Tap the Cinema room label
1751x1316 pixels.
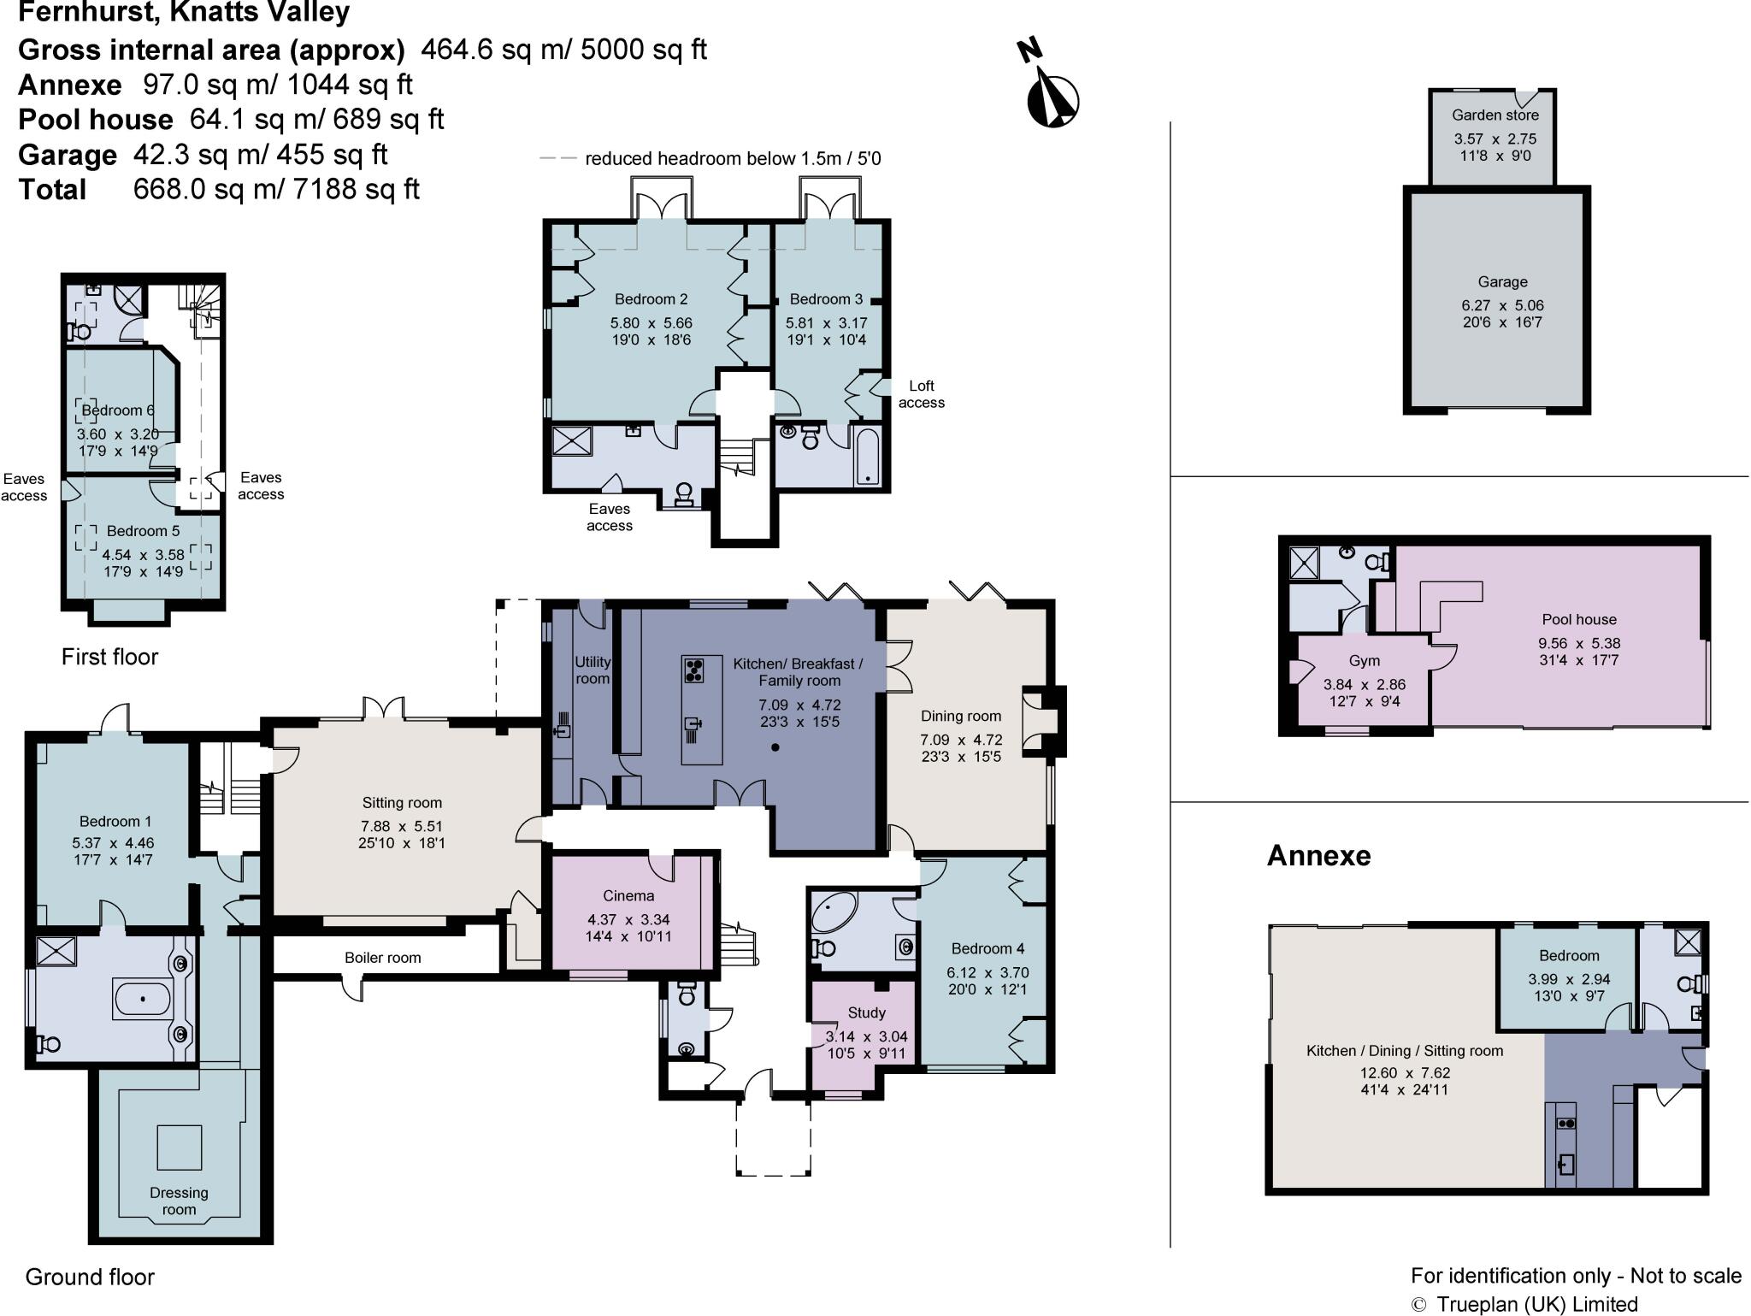pyautogui.click(x=628, y=895)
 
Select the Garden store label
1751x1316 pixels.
pyautogui.click(x=1495, y=115)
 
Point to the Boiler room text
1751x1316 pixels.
pyautogui.click(x=382, y=957)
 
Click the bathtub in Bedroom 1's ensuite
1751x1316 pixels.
pyautogui.click(x=141, y=999)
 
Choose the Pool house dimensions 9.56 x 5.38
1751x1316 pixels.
pyautogui.click(x=1579, y=643)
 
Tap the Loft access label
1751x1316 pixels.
pyautogui.click(x=921, y=394)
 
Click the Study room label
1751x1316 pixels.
pyautogui.click(x=866, y=1012)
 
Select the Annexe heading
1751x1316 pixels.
pyautogui.click(x=1318, y=855)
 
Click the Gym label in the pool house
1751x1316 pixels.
pyautogui.click(x=1364, y=660)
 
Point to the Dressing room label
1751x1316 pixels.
pyautogui.click(x=179, y=1201)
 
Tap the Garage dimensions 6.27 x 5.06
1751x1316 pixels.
pyautogui.click(x=1502, y=305)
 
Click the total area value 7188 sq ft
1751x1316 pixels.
pyautogui.click(x=356, y=189)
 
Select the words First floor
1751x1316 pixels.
pyautogui.click(x=109, y=657)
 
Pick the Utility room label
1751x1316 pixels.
pyautogui.click(x=592, y=670)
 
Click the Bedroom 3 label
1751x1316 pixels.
pyautogui.click(x=825, y=298)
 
